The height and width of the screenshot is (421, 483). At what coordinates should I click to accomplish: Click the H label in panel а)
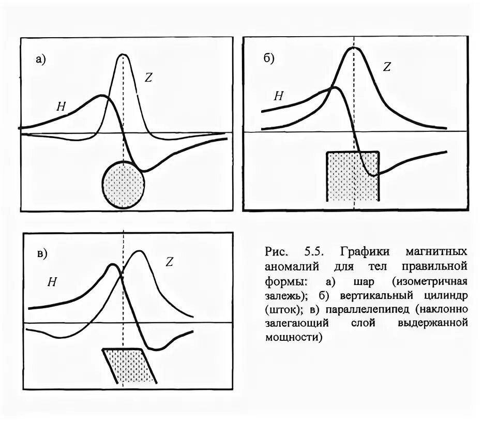click(x=61, y=107)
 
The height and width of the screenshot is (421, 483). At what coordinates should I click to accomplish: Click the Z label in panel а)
click(x=149, y=78)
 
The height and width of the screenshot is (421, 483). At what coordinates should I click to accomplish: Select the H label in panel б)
click(x=279, y=95)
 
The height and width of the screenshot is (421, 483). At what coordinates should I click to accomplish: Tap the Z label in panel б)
click(x=387, y=67)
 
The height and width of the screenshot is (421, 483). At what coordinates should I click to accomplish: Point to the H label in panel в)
click(x=52, y=282)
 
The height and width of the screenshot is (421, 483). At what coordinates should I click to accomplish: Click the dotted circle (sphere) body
click(x=123, y=183)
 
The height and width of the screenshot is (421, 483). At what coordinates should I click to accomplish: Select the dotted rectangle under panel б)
click(x=353, y=176)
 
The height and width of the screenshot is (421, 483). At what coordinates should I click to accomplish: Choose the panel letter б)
click(x=269, y=58)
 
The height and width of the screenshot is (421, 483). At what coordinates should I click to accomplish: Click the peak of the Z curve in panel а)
click(x=123, y=54)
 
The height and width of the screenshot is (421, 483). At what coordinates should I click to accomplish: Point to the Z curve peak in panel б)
click(x=354, y=48)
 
